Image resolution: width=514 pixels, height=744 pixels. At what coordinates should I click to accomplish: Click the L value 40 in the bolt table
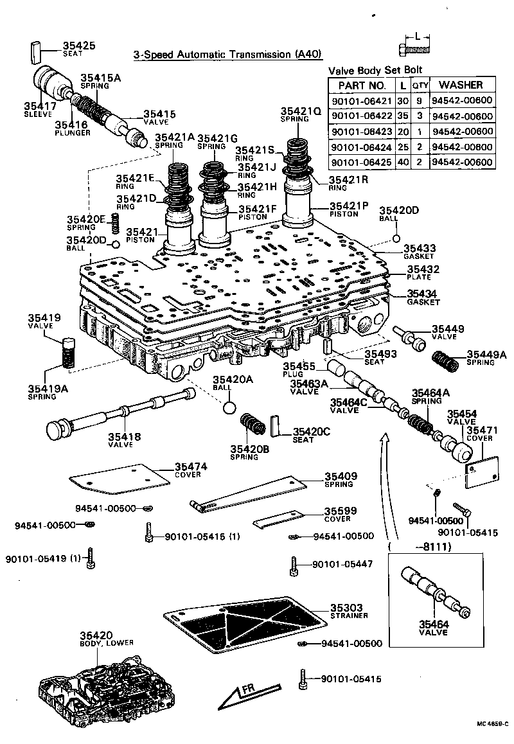pos(402,163)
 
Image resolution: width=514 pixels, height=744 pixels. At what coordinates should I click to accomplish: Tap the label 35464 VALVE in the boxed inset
pos(435,626)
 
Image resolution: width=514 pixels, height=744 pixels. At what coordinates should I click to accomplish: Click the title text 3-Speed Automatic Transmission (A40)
pos(227,55)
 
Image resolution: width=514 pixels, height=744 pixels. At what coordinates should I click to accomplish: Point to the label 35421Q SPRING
pos(300,114)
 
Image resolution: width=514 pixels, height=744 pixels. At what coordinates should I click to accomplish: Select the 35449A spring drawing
pos(445,359)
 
